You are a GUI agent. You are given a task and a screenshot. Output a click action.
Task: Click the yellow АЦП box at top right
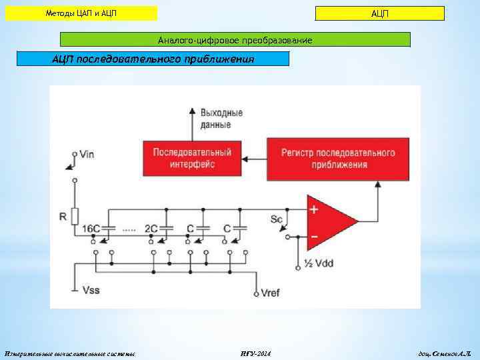[x=379, y=14]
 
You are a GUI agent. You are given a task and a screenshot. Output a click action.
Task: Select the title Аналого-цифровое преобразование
[x=235, y=41]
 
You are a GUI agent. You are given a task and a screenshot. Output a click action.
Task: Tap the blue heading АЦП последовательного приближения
[x=153, y=59]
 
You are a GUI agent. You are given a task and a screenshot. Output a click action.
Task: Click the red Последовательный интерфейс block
[x=192, y=158]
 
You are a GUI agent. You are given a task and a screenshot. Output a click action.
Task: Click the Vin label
[x=87, y=154]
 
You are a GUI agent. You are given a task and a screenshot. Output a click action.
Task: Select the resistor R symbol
[x=75, y=216]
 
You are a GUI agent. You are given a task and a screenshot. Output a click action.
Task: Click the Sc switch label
[x=277, y=219]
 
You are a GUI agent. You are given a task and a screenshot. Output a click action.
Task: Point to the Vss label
[x=91, y=290]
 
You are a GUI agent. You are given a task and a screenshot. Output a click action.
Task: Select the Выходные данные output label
[x=221, y=119]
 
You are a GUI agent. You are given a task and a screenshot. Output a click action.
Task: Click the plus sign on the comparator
[x=313, y=209]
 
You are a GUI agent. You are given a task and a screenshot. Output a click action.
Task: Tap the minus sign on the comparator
[x=313, y=236]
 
